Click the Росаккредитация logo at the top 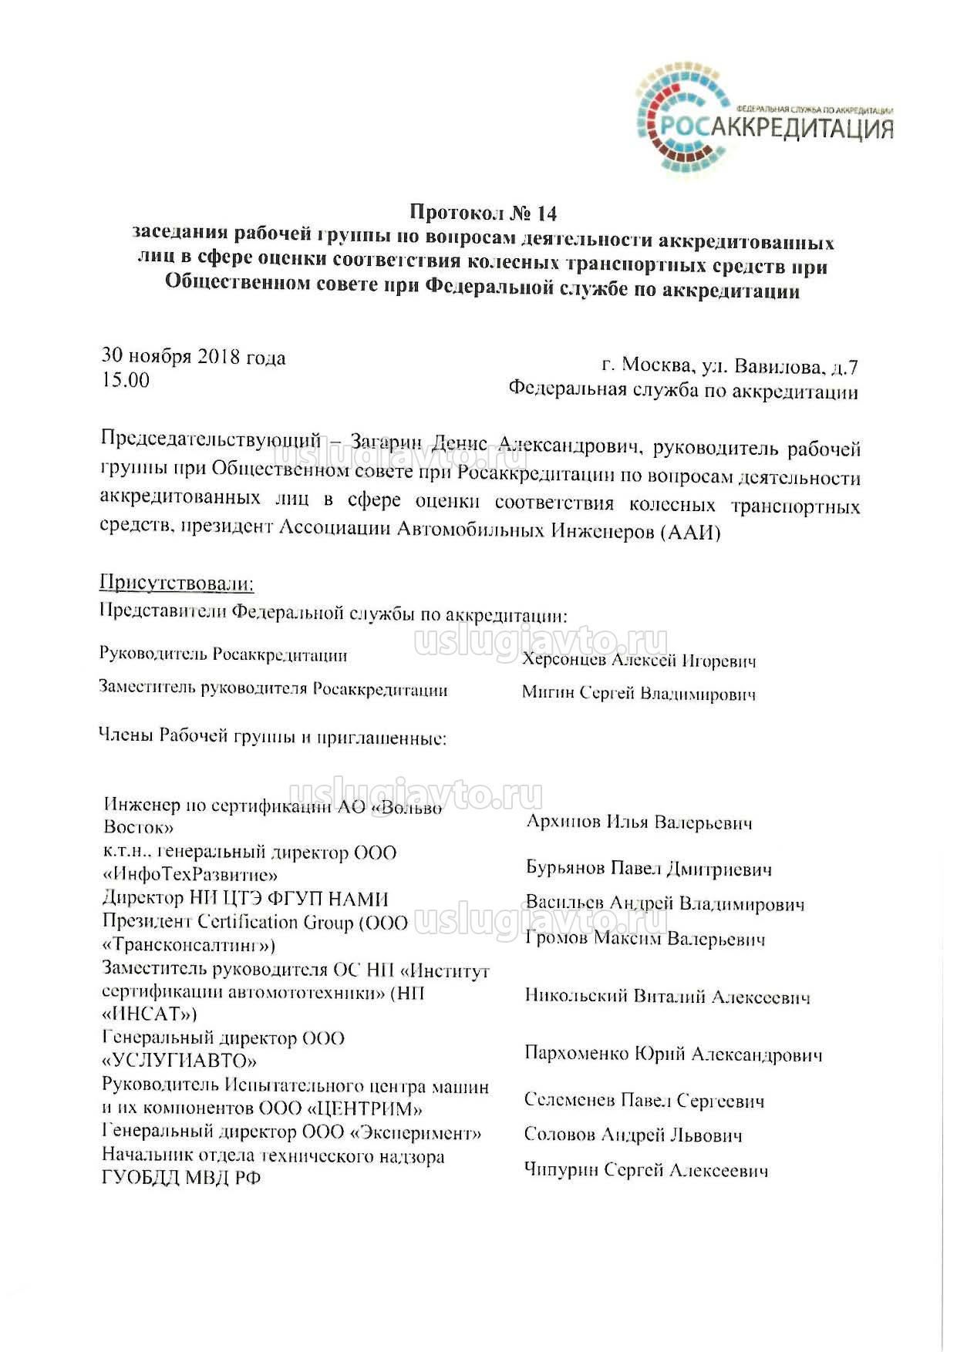tap(763, 120)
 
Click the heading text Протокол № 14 tap(483, 212)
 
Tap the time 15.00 tap(126, 379)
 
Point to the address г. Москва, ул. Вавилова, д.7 tap(729, 365)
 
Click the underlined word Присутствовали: tap(177, 583)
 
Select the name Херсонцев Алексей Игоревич tap(639, 660)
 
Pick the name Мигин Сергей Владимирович tap(639, 693)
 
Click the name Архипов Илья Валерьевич tap(639, 822)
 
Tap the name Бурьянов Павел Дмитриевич tap(649, 868)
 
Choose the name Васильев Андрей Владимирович tap(665, 903)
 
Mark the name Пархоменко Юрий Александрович tap(673, 1054)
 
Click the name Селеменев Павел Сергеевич tap(644, 1100)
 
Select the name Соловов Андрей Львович tap(633, 1135)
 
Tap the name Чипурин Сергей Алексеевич tap(645, 1170)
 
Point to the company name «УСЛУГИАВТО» tap(179, 1061)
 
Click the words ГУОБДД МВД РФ tap(181, 1178)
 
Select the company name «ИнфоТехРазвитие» tap(190, 875)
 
